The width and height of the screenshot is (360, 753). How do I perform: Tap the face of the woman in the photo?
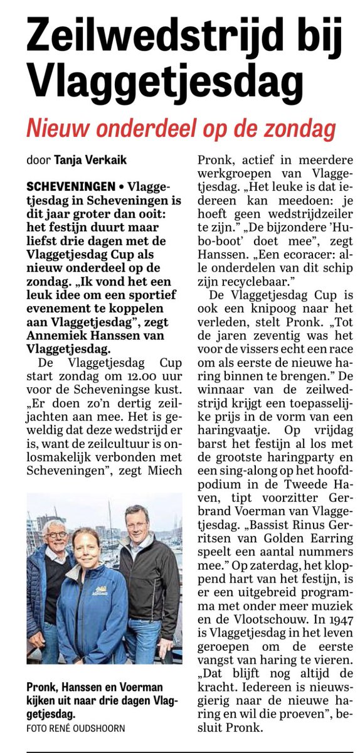tap(86, 545)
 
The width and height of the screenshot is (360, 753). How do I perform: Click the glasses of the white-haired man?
tap(56, 535)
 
